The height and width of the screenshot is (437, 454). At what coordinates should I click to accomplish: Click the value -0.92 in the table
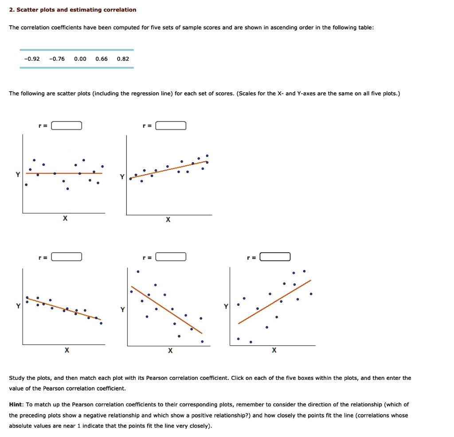click(x=32, y=59)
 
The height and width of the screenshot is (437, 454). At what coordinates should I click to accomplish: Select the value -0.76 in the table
click(x=57, y=59)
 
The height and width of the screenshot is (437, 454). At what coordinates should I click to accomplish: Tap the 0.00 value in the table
click(x=80, y=59)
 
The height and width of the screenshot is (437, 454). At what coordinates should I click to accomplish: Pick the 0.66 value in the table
click(x=102, y=59)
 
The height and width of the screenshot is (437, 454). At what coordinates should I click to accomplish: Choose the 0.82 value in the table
click(x=123, y=59)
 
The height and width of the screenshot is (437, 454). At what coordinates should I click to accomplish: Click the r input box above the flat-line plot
click(x=67, y=126)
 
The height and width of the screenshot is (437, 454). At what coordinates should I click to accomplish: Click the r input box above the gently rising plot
click(x=171, y=126)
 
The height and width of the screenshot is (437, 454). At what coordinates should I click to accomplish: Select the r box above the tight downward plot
click(x=67, y=257)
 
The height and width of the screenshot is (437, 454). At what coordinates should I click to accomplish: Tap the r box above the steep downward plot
click(x=171, y=257)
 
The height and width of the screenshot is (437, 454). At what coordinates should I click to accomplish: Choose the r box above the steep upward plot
click(x=275, y=257)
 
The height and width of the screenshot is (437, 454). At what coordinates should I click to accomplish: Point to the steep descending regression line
click(x=167, y=310)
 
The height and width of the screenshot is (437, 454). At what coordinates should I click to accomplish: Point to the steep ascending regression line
click(x=275, y=301)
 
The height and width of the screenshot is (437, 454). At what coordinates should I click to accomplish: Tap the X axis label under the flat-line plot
click(x=65, y=218)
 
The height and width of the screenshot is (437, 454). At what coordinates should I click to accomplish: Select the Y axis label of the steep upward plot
click(x=225, y=306)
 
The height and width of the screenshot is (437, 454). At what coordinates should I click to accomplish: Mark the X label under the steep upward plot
click(x=274, y=351)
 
